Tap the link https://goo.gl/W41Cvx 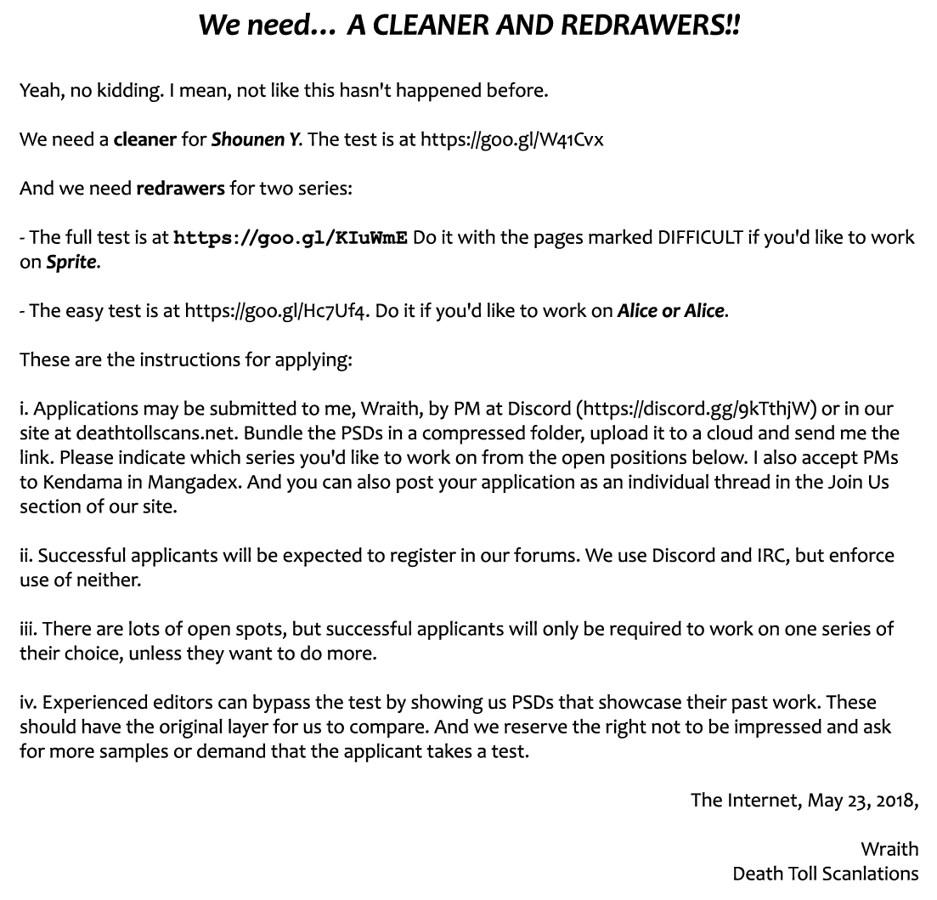[511, 139]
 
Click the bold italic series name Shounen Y [256, 139]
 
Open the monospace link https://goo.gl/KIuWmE [291, 237]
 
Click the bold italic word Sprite [71, 262]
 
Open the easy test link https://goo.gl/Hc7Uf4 [277, 311]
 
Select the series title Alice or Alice [671, 311]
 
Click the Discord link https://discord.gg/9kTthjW [697, 409]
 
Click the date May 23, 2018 [861, 801]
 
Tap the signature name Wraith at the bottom [889, 849]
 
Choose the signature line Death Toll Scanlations [825, 874]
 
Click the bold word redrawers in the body [180, 188]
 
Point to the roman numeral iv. [28, 703]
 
